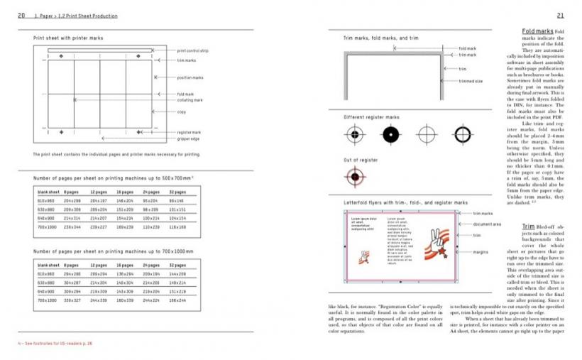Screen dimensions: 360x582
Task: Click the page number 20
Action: (21, 15)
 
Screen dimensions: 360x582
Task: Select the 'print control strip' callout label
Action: (192, 50)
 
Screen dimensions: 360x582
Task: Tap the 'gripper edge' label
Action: (188, 138)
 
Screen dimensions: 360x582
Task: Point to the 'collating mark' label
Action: (190, 100)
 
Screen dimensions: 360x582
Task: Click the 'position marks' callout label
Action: (190, 77)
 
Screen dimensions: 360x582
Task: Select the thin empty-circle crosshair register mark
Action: (426, 133)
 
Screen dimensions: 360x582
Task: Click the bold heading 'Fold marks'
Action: (537, 32)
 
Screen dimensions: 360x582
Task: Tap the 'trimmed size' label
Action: (471, 81)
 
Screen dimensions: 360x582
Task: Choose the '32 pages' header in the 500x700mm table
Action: (177, 192)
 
